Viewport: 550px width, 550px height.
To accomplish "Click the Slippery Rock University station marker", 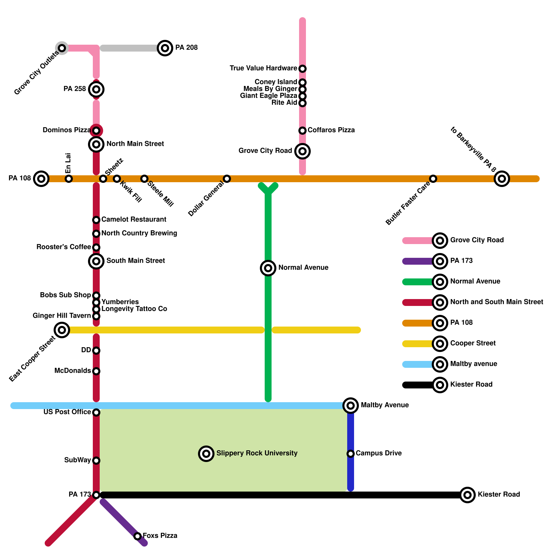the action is pos(206,454).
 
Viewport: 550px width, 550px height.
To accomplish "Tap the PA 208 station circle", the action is pos(165,48).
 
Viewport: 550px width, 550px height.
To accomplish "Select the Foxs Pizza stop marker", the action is pos(137,536).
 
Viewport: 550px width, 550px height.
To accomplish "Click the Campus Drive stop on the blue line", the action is pos(351,454).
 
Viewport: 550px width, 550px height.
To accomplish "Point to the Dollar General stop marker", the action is pos(227,179).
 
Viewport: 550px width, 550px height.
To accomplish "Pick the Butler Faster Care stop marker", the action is pos(433,179).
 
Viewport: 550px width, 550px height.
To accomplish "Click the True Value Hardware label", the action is pos(263,68).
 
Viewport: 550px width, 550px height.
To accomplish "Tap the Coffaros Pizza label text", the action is pos(331,130).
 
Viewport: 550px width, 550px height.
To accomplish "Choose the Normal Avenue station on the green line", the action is pos(268,268).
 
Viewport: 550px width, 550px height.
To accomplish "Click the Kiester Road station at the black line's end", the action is pos(467,495).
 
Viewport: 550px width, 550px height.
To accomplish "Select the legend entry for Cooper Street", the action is pos(473,343).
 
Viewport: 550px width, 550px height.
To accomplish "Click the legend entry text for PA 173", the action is pos(461,261).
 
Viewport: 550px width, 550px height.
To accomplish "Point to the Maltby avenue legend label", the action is pos(473,364).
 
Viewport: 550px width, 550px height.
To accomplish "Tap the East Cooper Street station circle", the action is pos(62,330).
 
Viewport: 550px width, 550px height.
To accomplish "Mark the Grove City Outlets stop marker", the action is pos(62,48).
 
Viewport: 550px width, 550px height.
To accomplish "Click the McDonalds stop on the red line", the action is pos(96,371).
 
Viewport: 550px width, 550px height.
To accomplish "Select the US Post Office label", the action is pos(67,412).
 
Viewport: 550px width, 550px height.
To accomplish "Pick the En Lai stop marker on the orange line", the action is pos(69,179).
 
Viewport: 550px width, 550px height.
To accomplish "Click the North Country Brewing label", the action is pos(139,233).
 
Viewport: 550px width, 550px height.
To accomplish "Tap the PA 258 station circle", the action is pos(96,89).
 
